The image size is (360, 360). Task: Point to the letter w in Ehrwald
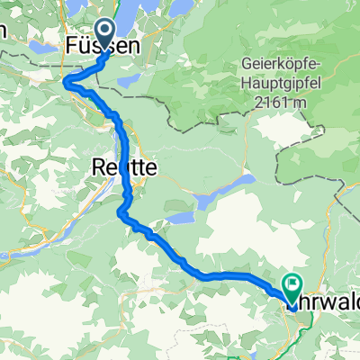(x=327, y=304)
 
